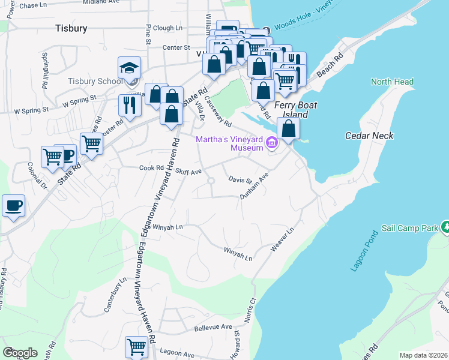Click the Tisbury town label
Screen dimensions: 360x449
(x=71, y=28)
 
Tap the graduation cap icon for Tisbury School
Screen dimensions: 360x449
(x=130, y=68)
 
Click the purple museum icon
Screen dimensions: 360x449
(x=271, y=143)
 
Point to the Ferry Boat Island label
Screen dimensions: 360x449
(x=292, y=109)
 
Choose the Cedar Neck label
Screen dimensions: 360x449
(x=369, y=136)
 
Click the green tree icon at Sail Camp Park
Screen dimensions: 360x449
(x=445, y=227)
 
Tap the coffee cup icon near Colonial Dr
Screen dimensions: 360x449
(x=13, y=205)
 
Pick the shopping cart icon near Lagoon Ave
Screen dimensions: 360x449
(x=136, y=346)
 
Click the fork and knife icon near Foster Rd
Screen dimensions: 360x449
(x=130, y=105)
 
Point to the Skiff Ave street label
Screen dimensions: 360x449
(x=188, y=172)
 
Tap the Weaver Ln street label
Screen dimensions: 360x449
(x=282, y=239)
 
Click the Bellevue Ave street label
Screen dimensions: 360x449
(x=213, y=328)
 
